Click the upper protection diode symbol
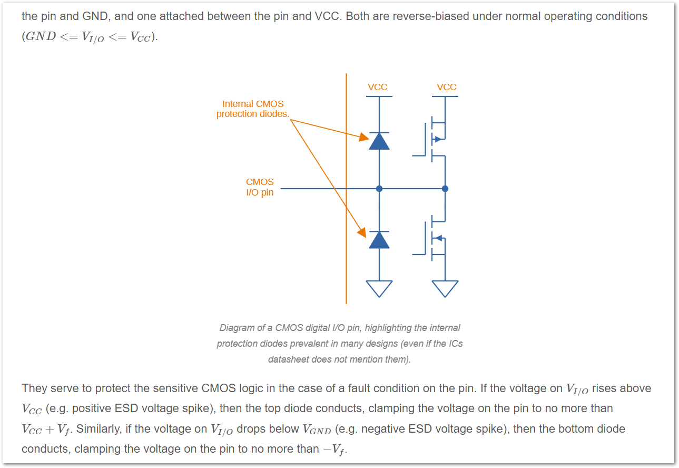(379, 141)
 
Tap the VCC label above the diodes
(378, 87)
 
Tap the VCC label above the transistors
(446, 87)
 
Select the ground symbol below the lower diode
(379, 288)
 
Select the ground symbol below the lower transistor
(445, 288)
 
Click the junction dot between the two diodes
(379, 188)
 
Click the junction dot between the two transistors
(445, 188)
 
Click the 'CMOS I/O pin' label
(260, 187)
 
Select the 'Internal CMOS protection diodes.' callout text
(253, 109)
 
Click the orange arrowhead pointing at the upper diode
(364, 138)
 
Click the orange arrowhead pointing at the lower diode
(362, 232)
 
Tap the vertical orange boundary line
(346, 264)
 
